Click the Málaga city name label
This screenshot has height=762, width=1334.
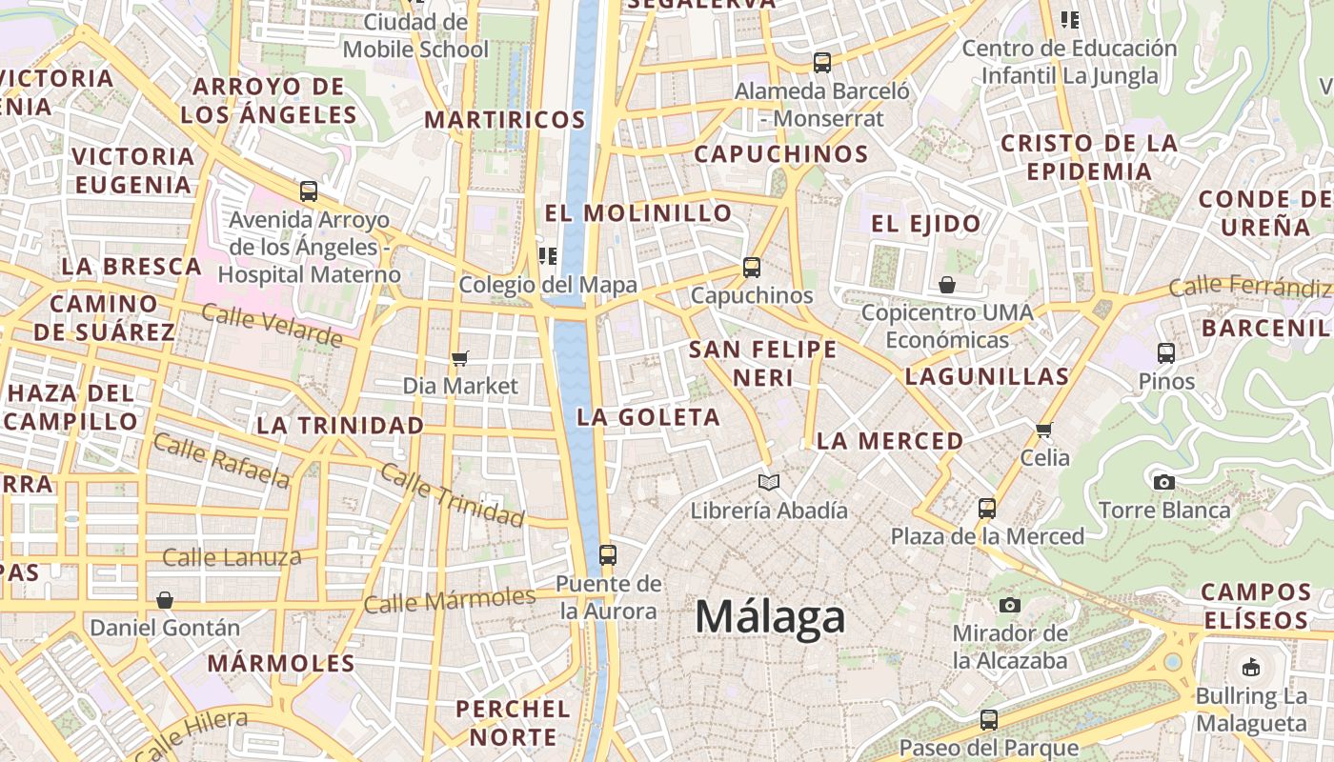[770, 617]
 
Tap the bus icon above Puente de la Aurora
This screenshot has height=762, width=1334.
[607, 554]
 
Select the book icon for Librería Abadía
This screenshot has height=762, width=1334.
[768, 482]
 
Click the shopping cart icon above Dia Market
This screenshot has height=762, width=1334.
[460, 359]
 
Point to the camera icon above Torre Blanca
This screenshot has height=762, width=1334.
[1163, 482]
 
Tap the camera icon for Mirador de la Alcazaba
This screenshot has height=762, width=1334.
[1010, 605]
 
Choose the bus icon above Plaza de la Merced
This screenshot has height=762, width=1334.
[987, 508]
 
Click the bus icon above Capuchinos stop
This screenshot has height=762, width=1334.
[752, 268]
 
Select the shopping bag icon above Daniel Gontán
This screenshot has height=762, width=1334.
[165, 600]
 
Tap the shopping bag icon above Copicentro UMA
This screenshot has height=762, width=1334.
[947, 284]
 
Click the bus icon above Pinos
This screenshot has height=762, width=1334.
[1165, 353]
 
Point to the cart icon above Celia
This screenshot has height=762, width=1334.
[1044, 430]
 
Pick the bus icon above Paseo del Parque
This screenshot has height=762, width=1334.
[989, 719]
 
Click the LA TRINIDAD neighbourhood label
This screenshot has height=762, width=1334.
[340, 425]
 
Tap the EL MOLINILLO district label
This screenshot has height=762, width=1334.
[637, 212]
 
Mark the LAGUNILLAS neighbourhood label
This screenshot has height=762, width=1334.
[987, 376]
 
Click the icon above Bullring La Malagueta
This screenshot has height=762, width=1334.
[1251, 667]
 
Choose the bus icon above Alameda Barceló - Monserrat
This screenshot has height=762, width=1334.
[821, 64]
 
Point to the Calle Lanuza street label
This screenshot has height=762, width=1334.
[232, 557]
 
